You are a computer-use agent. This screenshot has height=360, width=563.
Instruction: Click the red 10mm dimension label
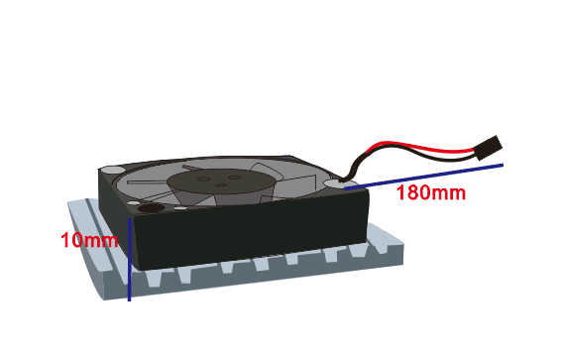pyautogui.click(x=89, y=240)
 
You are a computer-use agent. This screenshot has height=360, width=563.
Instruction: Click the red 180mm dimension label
pyautogui.click(x=431, y=192)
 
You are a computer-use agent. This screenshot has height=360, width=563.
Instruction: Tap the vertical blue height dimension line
pyautogui.click(x=129, y=259)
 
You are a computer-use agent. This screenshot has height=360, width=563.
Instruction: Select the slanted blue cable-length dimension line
pyautogui.click(x=423, y=177)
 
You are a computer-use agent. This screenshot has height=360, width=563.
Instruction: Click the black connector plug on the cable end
pyautogui.click(x=489, y=148)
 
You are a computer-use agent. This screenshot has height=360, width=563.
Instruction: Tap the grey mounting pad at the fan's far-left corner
pyautogui.click(x=112, y=170)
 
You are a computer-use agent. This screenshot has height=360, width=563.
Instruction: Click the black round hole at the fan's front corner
pyautogui.click(x=152, y=208)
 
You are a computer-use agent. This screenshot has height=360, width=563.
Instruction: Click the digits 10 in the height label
pyautogui.click(x=71, y=240)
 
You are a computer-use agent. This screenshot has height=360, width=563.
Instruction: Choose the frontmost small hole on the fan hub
pyautogui.click(x=221, y=185)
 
